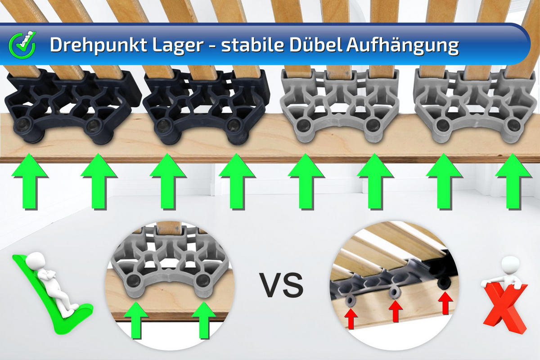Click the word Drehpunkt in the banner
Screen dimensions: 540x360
pos(98,45)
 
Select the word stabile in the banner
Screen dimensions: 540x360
pos(252,45)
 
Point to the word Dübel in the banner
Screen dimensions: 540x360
pos(316,44)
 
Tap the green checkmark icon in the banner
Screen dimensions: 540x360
pos(22,45)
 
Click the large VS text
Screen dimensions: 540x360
pos(282,285)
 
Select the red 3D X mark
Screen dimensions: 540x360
pos(505,307)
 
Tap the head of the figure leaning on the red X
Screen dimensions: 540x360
pos(510,265)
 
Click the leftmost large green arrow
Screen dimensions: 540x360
pos(30,181)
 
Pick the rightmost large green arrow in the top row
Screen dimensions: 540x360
pos(513,181)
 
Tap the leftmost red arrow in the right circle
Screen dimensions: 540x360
pos(351,319)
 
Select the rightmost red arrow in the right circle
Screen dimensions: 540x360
pos(445,303)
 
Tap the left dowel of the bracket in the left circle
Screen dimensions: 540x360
pos(133,280)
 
